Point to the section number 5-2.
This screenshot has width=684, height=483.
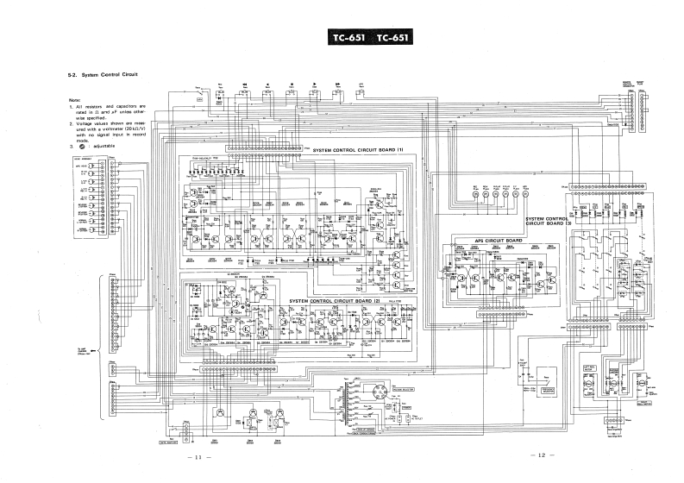pyautogui.click(x=72, y=75)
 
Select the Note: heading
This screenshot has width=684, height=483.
pyautogui.click(x=75, y=99)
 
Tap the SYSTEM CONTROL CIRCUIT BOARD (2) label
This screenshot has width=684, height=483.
pyautogui.click(x=335, y=301)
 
